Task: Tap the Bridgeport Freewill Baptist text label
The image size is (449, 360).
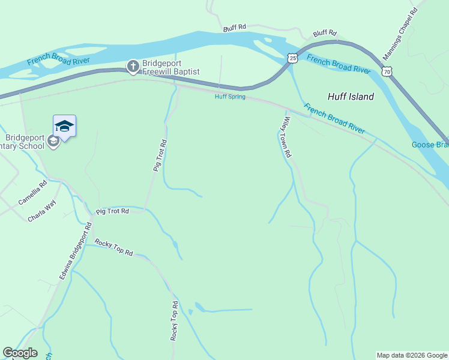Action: [x=171, y=67]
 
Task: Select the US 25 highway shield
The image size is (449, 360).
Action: [x=292, y=58]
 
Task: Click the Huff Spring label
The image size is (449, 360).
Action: [x=231, y=97]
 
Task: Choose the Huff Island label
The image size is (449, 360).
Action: [x=351, y=97]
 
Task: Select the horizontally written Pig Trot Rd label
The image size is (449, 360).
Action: [x=112, y=211]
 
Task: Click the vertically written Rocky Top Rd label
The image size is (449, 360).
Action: [x=175, y=321]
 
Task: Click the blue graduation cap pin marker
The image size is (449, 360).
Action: [x=64, y=126]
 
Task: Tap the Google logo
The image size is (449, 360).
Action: [x=20, y=353]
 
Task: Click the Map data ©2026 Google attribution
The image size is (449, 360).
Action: [x=412, y=355]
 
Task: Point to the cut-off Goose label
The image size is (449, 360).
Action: [x=430, y=145]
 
